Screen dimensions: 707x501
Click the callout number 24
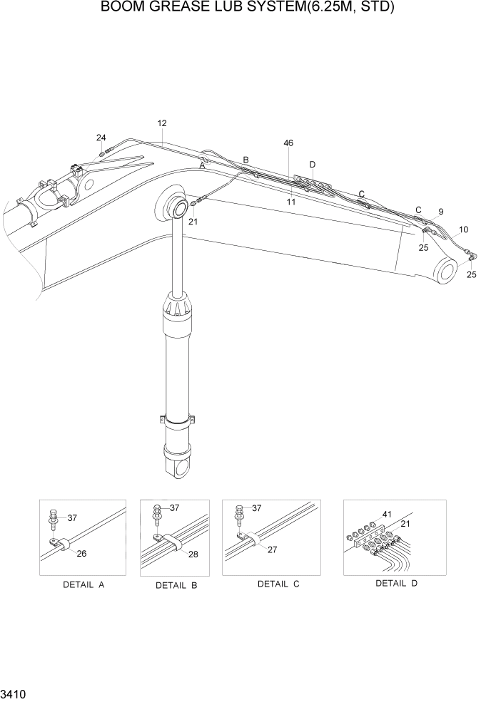tap(101, 138)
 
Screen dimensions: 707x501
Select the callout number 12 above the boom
tap(162, 123)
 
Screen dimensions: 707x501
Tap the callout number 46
tap(288, 143)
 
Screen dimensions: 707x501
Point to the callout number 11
tap(291, 202)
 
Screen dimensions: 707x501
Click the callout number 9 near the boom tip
tap(440, 212)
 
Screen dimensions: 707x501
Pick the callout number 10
tap(463, 229)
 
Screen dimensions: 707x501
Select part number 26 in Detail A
tap(82, 553)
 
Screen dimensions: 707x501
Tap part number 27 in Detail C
tap(272, 549)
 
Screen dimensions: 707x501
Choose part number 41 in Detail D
tap(388, 514)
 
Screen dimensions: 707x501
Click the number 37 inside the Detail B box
tap(175, 508)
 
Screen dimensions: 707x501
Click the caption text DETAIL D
tap(396, 583)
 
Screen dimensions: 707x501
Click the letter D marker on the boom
tap(312, 165)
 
